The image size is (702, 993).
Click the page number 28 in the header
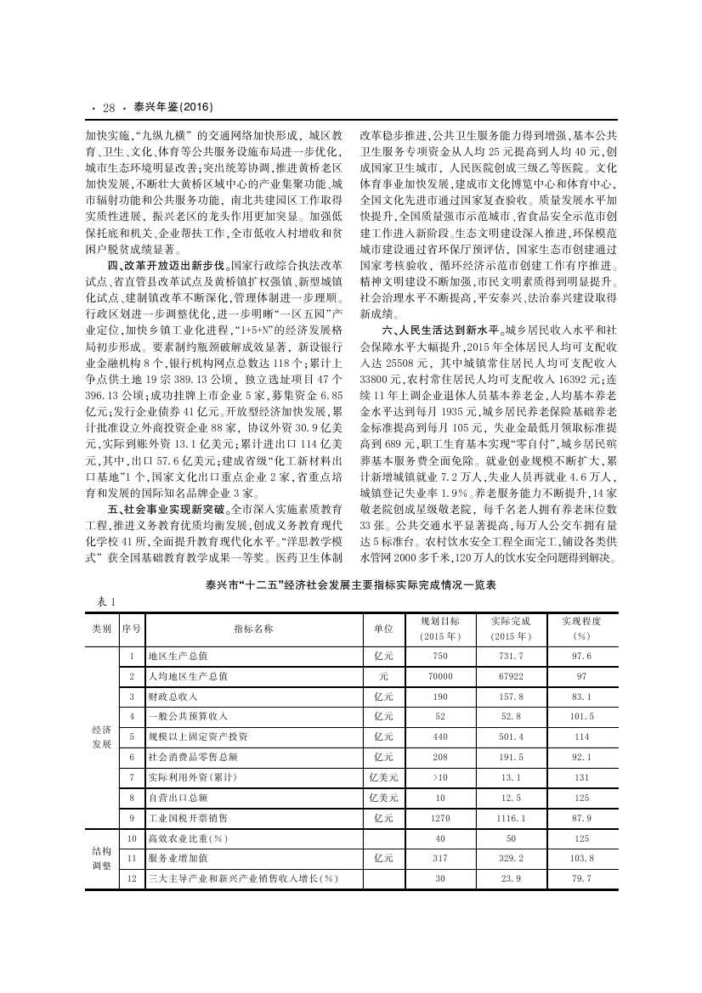click(x=109, y=108)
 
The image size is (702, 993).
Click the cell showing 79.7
click(x=582, y=878)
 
